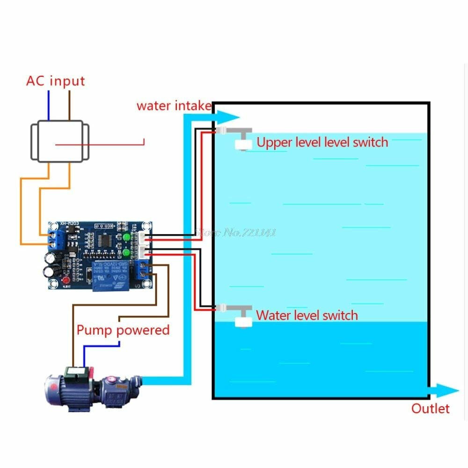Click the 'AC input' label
pyautogui.click(x=55, y=80)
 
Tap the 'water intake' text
pyautogui.click(x=174, y=105)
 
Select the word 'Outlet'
pyautogui.click(x=430, y=409)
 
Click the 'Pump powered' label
pyautogui.click(x=123, y=330)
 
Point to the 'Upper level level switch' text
pyautogui.click(x=322, y=142)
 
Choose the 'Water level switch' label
pyautogui.click(x=307, y=315)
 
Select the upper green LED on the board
pyautogui.click(x=126, y=238)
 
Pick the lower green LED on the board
pyautogui.click(x=126, y=254)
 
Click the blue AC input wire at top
pyautogui.click(x=48, y=105)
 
